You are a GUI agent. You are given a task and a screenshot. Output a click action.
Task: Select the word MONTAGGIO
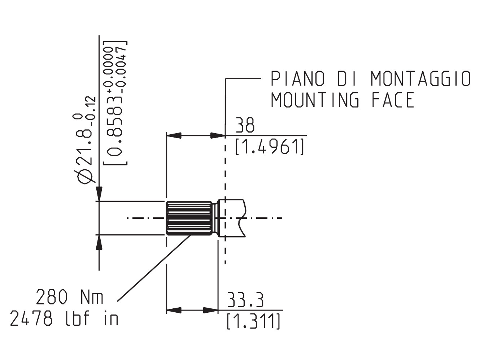pyautogui.click(x=420, y=79)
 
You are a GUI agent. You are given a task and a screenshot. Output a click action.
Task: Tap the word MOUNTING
pyautogui.click(x=315, y=100)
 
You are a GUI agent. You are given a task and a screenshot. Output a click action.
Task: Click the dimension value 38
pyautogui.click(x=245, y=126)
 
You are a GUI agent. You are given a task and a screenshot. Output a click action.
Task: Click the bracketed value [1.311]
pyautogui.click(x=253, y=321)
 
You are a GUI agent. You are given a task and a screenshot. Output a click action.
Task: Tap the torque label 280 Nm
pyautogui.click(x=70, y=298)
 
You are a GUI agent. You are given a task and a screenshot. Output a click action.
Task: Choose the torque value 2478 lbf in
pyautogui.click(x=64, y=319)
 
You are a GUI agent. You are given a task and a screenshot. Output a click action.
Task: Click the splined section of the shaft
pyautogui.click(x=189, y=218)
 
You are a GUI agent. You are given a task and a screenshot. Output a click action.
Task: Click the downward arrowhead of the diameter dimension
pyautogui.click(x=99, y=194)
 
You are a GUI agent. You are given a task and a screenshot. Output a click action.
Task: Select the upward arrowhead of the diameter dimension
pyautogui.click(x=99, y=242)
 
